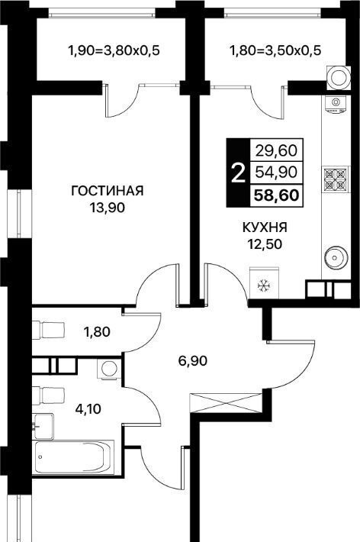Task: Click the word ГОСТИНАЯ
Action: pyautogui.click(x=107, y=190)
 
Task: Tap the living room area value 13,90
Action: pyautogui.click(x=107, y=208)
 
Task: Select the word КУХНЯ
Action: pyautogui.click(x=265, y=227)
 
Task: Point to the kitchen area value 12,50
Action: pyautogui.click(x=265, y=244)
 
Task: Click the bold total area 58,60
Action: pyautogui.click(x=276, y=195)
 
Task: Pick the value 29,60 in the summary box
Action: pyautogui.click(x=276, y=150)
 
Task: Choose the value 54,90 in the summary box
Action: pyautogui.click(x=276, y=172)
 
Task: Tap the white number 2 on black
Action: pyautogui.click(x=238, y=173)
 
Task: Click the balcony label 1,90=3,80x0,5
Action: pyautogui.click(x=114, y=51)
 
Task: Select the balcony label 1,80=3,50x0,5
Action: pyautogui.click(x=275, y=50)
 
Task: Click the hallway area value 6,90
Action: pyautogui.click(x=193, y=361)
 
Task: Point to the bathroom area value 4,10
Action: pyautogui.click(x=88, y=409)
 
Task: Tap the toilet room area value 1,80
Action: pyautogui.click(x=97, y=332)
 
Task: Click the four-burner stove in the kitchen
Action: pyautogui.click(x=336, y=179)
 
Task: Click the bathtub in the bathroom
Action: pyautogui.click(x=73, y=458)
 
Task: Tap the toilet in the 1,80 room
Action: pyautogui.click(x=48, y=330)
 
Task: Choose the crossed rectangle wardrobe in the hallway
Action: pyautogui.click(x=226, y=403)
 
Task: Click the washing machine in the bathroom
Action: pyautogui.click(x=109, y=368)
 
